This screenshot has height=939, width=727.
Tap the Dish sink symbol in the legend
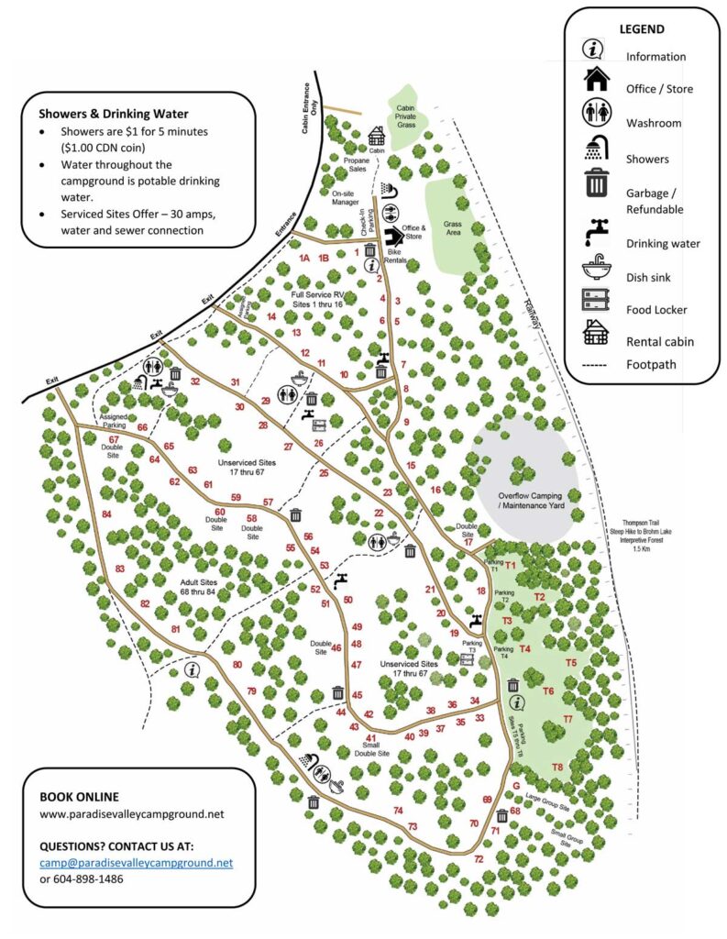tap(597, 274)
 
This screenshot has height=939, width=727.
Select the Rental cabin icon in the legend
tap(597, 336)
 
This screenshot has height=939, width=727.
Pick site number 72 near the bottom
tap(479, 859)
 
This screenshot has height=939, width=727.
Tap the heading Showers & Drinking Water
tap(114, 115)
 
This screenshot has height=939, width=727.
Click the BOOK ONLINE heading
tap(79, 796)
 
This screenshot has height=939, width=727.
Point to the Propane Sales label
tap(356, 164)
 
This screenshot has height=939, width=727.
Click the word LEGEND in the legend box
tap(642, 29)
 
